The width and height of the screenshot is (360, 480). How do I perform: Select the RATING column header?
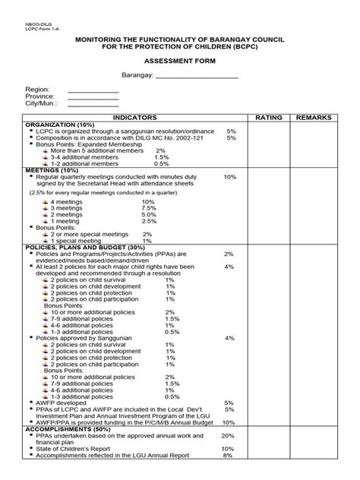click(269, 119)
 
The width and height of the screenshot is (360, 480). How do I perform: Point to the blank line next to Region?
click(93, 91)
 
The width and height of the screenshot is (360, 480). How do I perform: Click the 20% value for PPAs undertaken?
click(228, 436)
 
